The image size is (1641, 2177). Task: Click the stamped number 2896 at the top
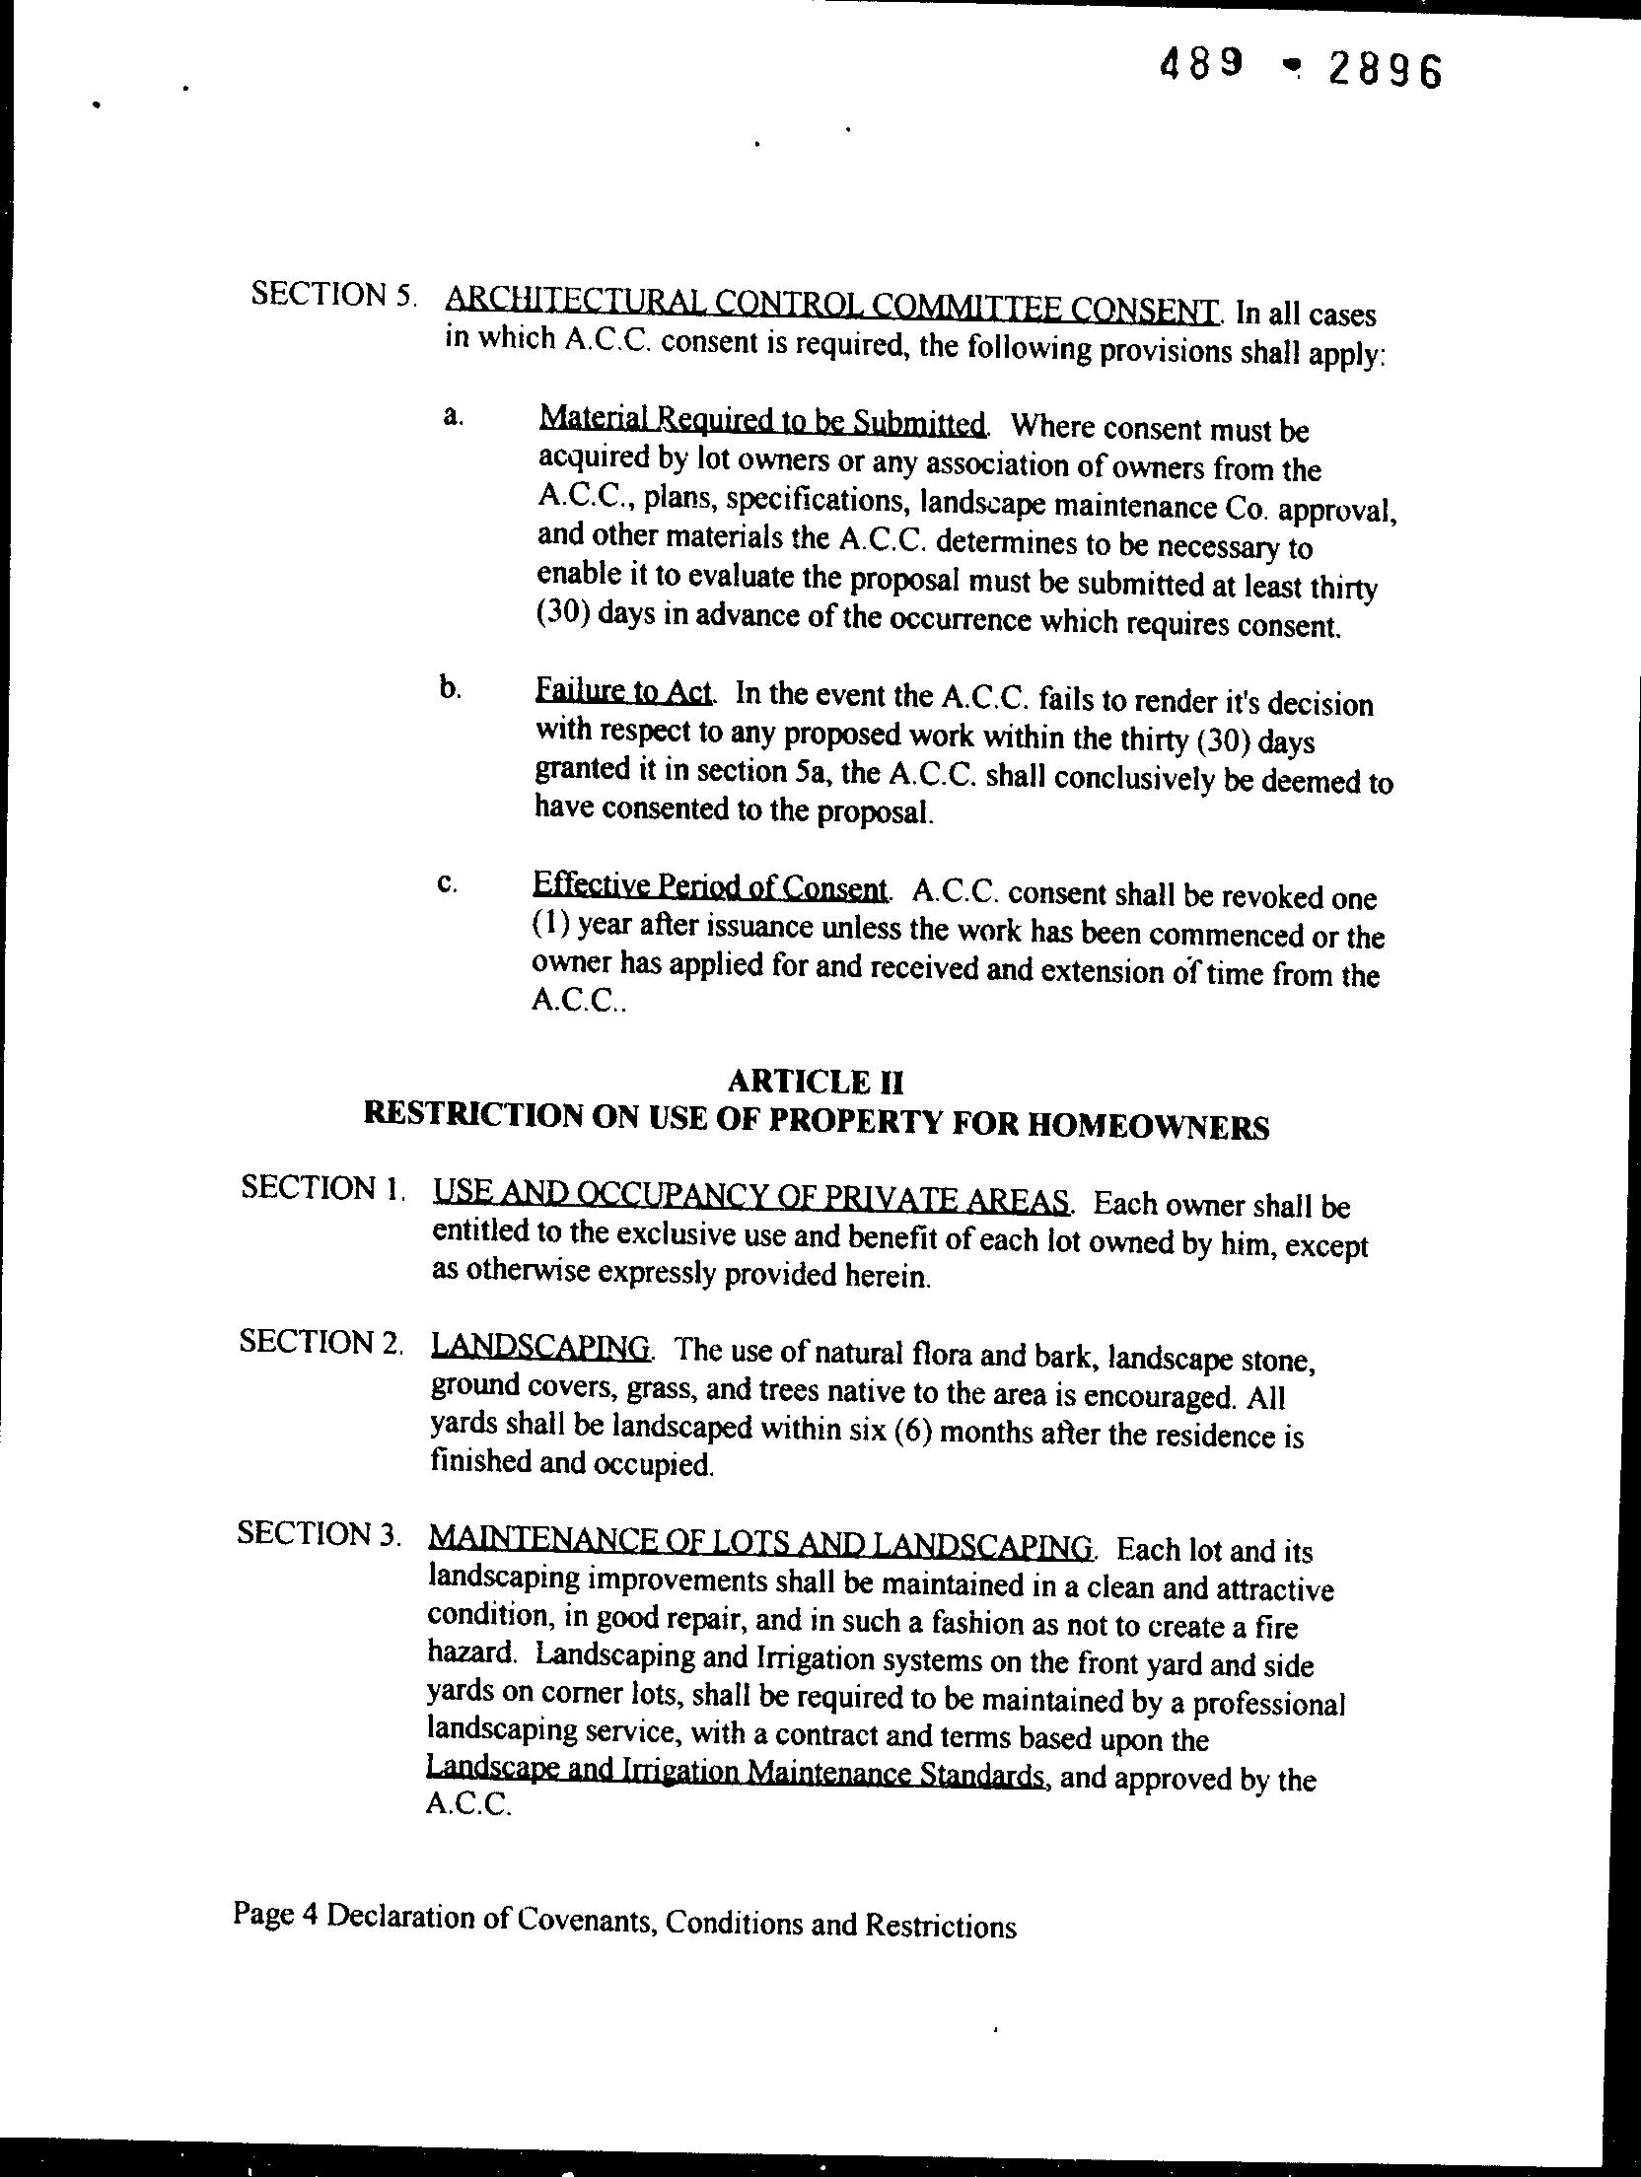[1384, 69]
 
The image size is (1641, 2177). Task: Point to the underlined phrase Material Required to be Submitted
[761, 422]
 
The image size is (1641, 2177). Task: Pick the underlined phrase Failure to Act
[623, 690]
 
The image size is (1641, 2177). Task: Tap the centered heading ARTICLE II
[815, 1083]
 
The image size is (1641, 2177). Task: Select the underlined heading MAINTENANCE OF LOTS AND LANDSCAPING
[760, 1543]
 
